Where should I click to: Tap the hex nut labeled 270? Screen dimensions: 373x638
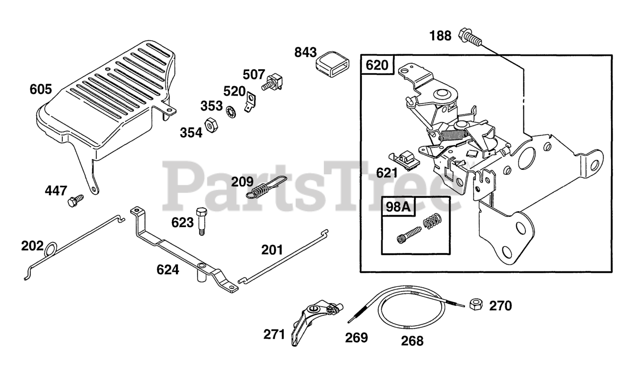(x=476, y=303)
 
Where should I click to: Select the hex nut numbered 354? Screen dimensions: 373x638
(x=210, y=125)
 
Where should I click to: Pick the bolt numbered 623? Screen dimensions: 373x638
(x=201, y=221)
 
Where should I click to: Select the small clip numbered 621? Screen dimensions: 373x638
(x=405, y=158)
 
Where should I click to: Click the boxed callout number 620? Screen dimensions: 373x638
(x=377, y=65)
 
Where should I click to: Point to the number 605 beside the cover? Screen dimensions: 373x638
(x=41, y=90)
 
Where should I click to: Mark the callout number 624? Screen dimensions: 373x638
(x=167, y=269)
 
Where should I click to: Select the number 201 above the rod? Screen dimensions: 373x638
(x=272, y=249)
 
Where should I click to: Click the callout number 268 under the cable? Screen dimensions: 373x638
(x=412, y=341)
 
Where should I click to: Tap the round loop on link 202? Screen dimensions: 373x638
(x=51, y=249)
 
